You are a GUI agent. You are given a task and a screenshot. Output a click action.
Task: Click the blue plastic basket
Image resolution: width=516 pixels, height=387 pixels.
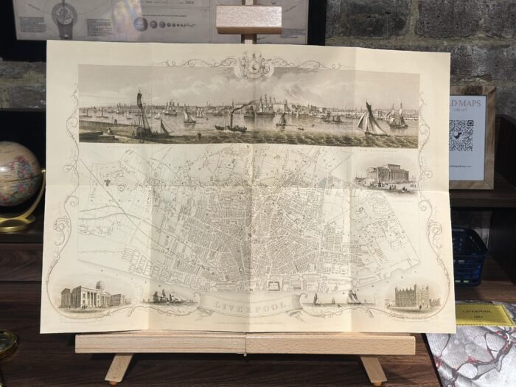[x=468, y=255]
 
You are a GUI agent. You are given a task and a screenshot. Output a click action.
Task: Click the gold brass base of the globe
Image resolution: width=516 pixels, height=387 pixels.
[x=21, y=222]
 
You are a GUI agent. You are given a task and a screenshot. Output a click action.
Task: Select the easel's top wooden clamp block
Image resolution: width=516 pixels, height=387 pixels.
[x=248, y=20]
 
